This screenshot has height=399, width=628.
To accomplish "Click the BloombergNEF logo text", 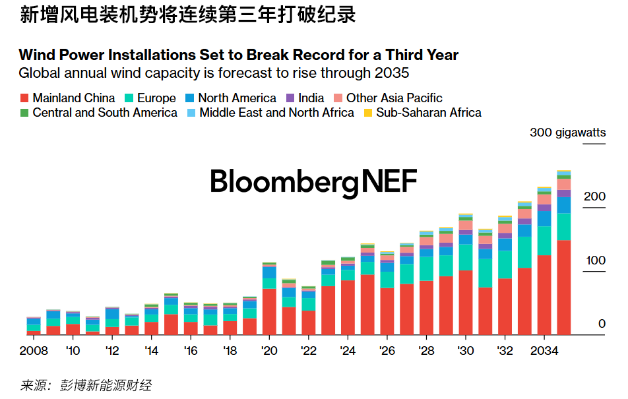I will (x=313, y=182).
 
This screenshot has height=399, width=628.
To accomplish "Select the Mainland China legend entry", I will (x=67, y=98).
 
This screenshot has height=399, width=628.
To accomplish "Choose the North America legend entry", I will (x=230, y=98).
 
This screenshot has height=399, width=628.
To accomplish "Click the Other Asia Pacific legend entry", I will (x=387, y=98).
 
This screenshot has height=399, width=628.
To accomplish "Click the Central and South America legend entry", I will (x=98, y=113).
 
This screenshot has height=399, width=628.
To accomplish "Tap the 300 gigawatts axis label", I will (x=567, y=133).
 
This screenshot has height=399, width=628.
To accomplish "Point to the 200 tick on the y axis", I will (x=593, y=197).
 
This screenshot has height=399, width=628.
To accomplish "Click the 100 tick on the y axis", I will (x=593, y=261).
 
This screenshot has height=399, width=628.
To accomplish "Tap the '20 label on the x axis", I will (x=269, y=350).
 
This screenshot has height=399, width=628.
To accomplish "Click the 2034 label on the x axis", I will (x=544, y=350).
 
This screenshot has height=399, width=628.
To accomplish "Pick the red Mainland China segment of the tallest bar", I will (x=564, y=288).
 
